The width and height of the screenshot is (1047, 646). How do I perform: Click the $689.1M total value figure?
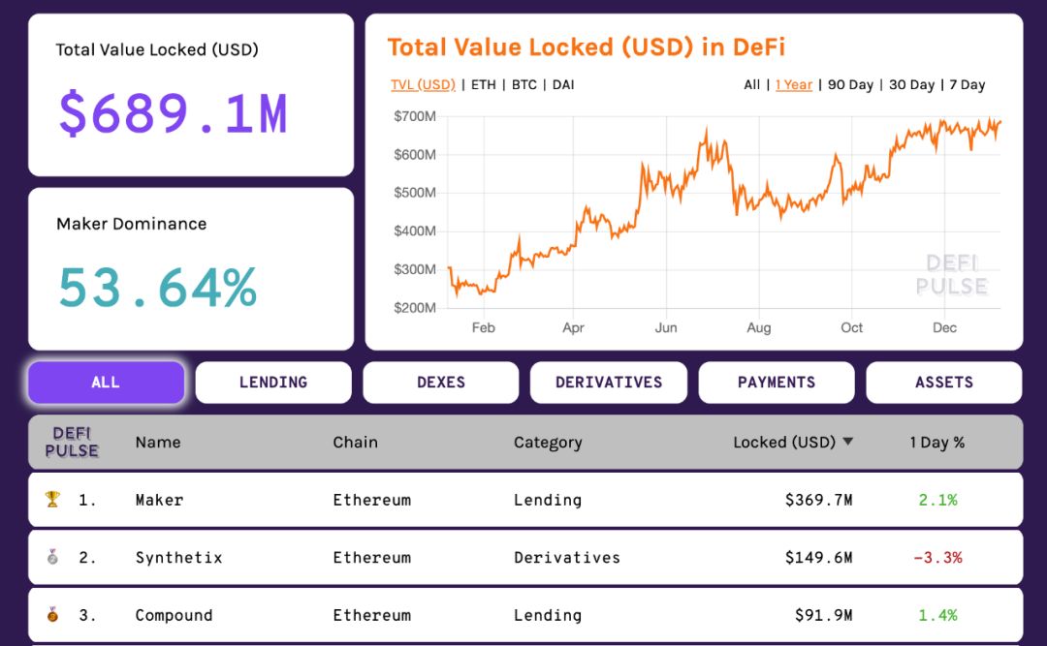173,112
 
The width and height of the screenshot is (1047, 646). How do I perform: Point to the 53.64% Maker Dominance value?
158,287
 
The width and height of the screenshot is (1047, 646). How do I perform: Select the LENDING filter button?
273,383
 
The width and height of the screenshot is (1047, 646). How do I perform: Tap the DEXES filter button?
441,383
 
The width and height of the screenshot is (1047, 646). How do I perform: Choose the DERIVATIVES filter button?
609,383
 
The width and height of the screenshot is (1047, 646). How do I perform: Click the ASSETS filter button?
944,383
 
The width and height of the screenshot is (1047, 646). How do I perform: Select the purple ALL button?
106,383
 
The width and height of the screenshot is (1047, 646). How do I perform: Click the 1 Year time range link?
794,85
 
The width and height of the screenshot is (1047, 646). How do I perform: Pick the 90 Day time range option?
850,85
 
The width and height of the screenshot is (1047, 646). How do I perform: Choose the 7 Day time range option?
967,85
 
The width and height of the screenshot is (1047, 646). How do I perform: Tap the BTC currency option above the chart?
524,85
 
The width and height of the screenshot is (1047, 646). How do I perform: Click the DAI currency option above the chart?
563,85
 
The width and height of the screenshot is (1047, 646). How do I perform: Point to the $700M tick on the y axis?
415,116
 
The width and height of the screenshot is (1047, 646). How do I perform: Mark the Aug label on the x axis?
759,328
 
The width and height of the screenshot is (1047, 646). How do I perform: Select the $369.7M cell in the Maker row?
818,501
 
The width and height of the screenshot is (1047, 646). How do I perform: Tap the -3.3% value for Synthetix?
937,558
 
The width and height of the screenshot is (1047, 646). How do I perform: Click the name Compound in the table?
174,615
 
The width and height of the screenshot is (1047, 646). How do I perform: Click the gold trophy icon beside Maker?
52,500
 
